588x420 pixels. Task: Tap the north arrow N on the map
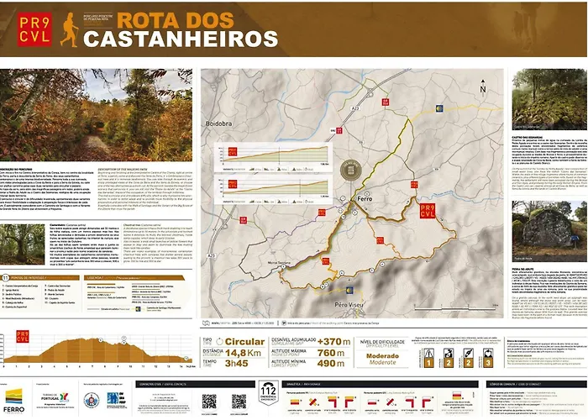point(482,87)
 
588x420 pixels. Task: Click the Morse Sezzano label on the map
point(279,263)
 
